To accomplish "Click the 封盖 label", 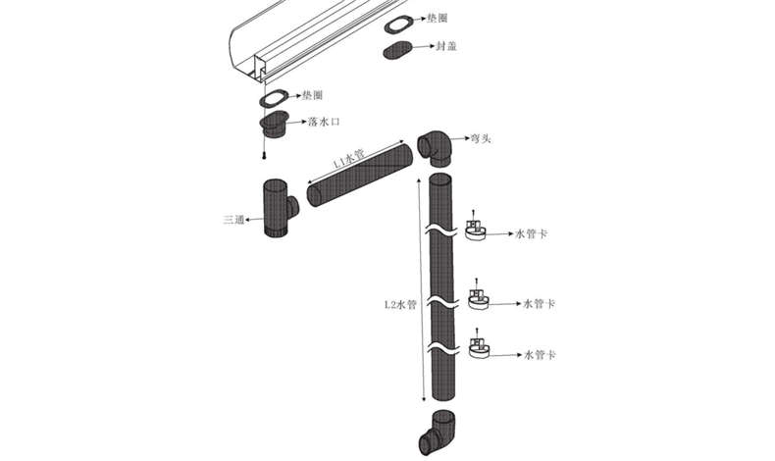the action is pyautogui.click(x=445, y=46).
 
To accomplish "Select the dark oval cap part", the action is pyautogui.click(x=397, y=50).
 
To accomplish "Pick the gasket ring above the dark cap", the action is pyautogui.click(x=398, y=25).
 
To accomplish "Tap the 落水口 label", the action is pyautogui.click(x=325, y=122).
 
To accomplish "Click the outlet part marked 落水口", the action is pyautogui.click(x=274, y=125).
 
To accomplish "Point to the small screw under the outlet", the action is pyautogui.click(x=266, y=155).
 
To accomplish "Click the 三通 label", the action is pyautogui.click(x=233, y=220).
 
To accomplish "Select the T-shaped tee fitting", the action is pyautogui.click(x=278, y=208).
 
